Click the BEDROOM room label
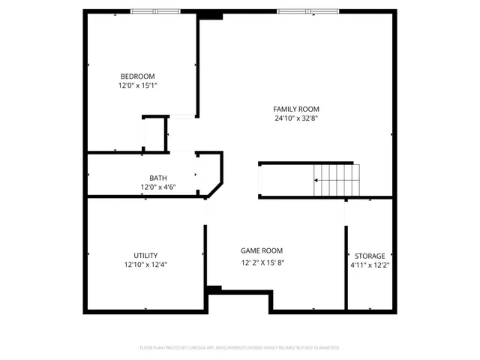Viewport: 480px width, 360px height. (x=137, y=76)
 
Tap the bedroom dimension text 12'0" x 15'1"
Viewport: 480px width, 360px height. (x=137, y=85)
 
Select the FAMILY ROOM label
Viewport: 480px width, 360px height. (x=291, y=109)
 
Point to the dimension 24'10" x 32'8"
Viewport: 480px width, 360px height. (x=291, y=118)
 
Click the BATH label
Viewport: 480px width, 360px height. (x=148, y=178)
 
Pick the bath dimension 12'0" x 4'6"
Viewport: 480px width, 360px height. (x=148, y=187)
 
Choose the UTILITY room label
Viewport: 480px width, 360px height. (x=145, y=255)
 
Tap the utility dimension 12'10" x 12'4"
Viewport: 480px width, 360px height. (x=145, y=265)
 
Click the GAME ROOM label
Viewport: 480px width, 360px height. (x=262, y=250)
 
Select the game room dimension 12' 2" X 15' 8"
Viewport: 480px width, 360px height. (x=262, y=262)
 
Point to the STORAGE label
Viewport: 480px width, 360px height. (x=370, y=256)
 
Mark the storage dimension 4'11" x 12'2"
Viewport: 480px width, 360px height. (x=370, y=265)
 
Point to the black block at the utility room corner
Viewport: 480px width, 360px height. (x=214, y=289)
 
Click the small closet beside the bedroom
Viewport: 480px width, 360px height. (x=155, y=134)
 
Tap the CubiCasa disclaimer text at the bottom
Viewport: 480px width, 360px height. (x=239, y=348)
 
